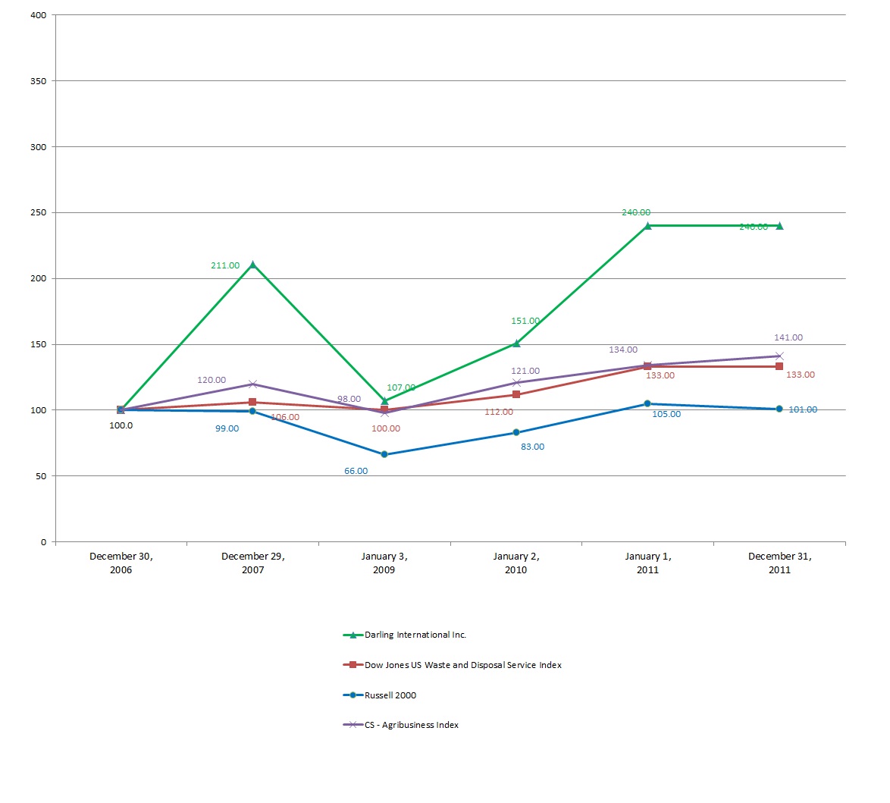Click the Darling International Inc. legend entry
[x=415, y=635]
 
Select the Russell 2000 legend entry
[x=390, y=695]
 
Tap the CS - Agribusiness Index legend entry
[x=412, y=725]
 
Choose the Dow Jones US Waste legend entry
[x=462, y=665]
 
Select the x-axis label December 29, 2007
[x=253, y=563]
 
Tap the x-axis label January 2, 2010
[x=516, y=563]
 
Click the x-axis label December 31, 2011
[x=779, y=563]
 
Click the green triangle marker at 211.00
[x=252, y=265]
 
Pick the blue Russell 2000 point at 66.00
[x=384, y=454]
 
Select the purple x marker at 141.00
[x=779, y=356]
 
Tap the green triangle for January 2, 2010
[x=516, y=343]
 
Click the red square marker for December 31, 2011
[x=779, y=366]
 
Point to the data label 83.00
[x=532, y=447]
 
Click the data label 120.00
[x=212, y=380]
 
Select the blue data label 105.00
[x=666, y=414]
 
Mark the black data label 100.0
[x=121, y=425]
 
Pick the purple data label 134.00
[x=623, y=350]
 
